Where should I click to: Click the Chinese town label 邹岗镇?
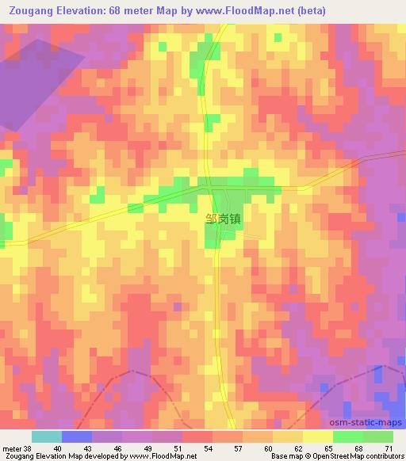[221, 224]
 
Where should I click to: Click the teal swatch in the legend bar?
[47, 436]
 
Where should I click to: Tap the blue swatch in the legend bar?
[77, 436]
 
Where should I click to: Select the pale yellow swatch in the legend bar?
[317, 436]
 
